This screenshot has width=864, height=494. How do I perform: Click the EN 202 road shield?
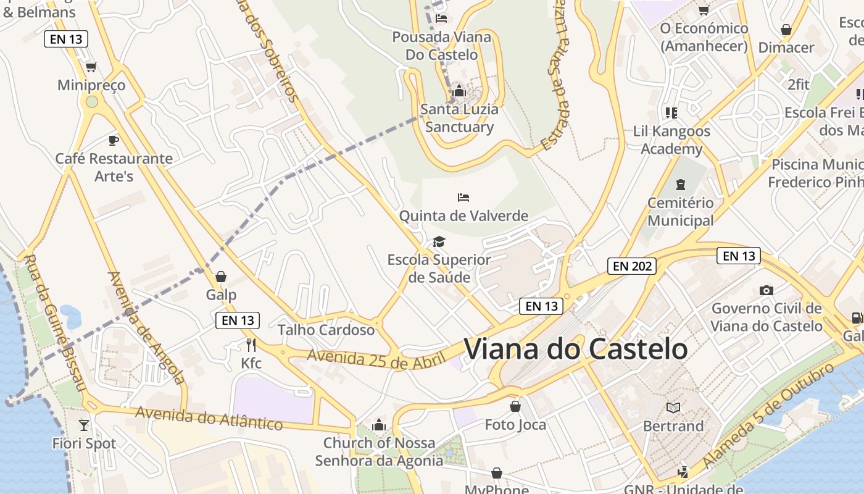pos(631,266)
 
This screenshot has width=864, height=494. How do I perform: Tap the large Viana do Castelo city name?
pos(575,349)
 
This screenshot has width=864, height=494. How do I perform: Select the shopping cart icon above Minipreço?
pos(91,67)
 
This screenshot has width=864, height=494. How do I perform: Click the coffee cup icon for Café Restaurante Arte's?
pos(113,140)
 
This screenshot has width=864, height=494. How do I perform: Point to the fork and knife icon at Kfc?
pos(251,345)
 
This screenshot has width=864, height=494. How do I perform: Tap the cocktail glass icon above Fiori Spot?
pos(84,425)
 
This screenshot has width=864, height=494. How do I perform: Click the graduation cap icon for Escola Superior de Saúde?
pos(439,241)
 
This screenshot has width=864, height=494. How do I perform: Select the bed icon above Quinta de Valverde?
pos(463,198)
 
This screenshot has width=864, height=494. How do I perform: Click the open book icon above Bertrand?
pos(673,408)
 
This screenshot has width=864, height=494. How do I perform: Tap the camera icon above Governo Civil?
pos(766,290)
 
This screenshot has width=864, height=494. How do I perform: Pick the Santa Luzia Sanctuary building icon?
pos(459,91)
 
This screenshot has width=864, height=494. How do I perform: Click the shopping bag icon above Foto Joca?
pos(515,406)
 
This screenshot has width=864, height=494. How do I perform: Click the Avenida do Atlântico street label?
pos(209,418)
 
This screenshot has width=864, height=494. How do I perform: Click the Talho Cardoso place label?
pos(326,330)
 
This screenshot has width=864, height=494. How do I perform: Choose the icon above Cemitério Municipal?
pos(680,185)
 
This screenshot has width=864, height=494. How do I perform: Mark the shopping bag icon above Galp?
pos(221,277)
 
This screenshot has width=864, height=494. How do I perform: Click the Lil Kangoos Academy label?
pos(671,140)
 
